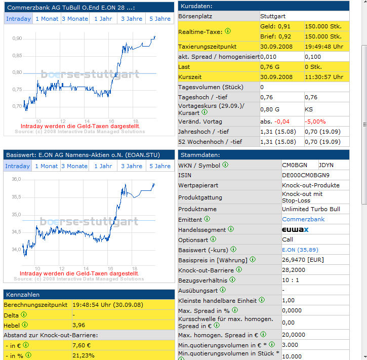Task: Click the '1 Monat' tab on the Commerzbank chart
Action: tap(46, 19)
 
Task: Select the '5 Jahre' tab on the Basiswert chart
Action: tap(160, 166)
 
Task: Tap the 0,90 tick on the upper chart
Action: tap(17, 38)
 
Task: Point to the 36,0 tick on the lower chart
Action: tap(16, 179)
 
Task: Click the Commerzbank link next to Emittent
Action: tap(303, 219)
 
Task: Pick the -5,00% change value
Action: tap(315, 122)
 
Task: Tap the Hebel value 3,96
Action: tap(78, 325)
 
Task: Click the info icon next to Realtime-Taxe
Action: tap(227, 31)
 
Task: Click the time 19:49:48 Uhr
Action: tap(324, 46)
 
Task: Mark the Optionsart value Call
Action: tap(288, 239)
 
